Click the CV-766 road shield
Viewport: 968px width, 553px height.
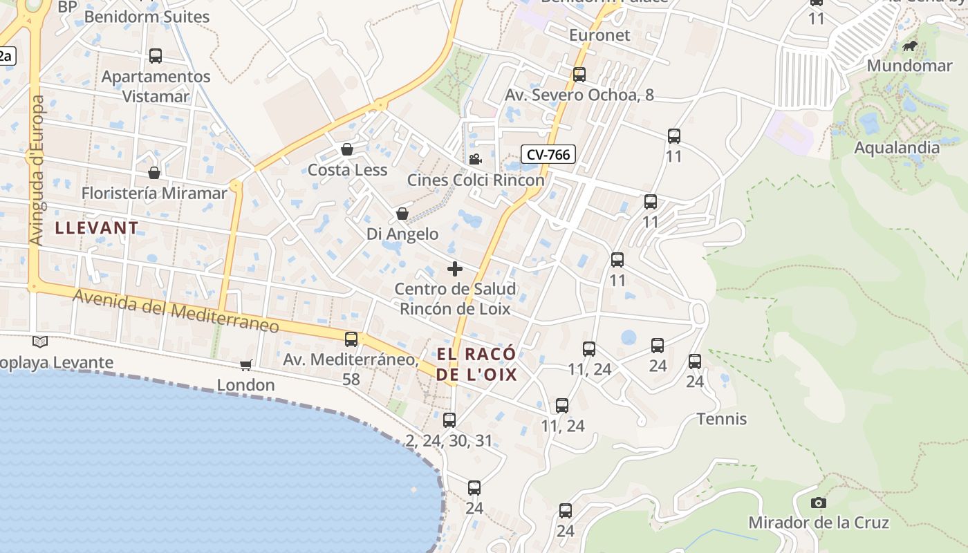[x=548, y=154]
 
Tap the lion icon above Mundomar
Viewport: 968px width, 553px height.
[x=910, y=46]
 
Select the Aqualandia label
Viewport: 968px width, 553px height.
[x=897, y=147]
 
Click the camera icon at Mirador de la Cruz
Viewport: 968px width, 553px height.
[x=819, y=503]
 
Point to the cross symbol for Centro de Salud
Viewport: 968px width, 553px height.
[x=455, y=269]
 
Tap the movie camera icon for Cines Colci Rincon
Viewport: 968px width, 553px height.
[x=475, y=160]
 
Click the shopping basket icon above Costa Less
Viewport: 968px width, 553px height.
[x=347, y=149]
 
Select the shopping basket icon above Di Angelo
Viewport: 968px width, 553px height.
[x=402, y=214]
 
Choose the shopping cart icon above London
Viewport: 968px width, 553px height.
[x=245, y=365]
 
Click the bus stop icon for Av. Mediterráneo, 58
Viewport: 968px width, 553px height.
[x=351, y=339]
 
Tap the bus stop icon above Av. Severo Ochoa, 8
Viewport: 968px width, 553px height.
[x=579, y=75]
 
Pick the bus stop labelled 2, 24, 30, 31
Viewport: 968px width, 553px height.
[x=449, y=420]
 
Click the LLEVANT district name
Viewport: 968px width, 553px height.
[x=97, y=227]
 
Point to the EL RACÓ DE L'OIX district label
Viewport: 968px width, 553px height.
[x=476, y=364]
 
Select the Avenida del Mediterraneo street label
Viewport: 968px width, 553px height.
[x=176, y=311]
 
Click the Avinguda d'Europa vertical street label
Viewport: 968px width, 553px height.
[x=36, y=169]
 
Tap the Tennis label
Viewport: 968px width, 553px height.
[x=722, y=419]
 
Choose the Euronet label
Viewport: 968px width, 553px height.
[x=599, y=35]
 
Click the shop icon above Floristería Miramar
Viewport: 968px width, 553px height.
[x=154, y=173]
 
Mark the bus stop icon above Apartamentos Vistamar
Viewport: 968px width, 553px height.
[x=156, y=56]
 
